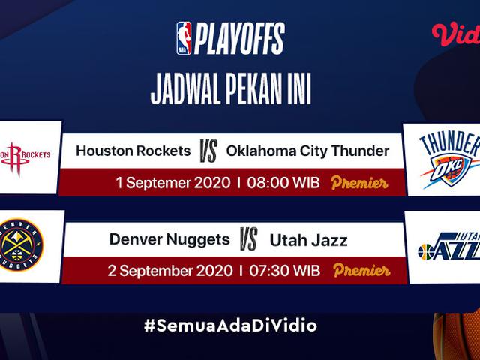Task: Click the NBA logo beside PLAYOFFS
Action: [184, 38]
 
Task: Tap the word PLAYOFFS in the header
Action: [240, 38]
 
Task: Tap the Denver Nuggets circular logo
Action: [20, 245]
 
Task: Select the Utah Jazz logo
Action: [449, 247]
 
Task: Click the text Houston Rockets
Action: [133, 151]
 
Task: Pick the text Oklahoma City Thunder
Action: [307, 151]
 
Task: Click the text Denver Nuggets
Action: [169, 240]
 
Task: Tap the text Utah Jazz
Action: [308, 240]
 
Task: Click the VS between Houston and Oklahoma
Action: [208, 151]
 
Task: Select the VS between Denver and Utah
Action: [248, 239]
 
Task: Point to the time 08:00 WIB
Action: [283, 183]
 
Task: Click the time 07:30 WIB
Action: [285, 271]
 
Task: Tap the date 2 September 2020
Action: [170, 271]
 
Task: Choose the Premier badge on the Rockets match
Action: [359, 183]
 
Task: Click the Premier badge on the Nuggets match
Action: [361, 270]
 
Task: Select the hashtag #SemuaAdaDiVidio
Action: [230, 325]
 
